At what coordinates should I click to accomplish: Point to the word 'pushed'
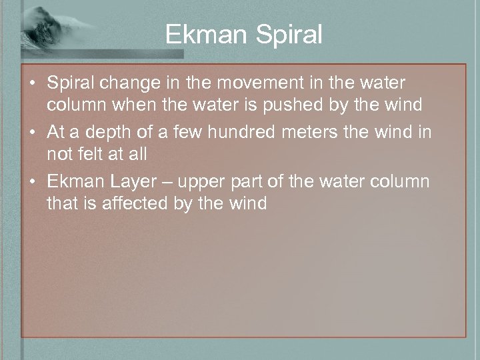point(307,105)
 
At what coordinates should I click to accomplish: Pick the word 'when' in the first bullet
point(123,105)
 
